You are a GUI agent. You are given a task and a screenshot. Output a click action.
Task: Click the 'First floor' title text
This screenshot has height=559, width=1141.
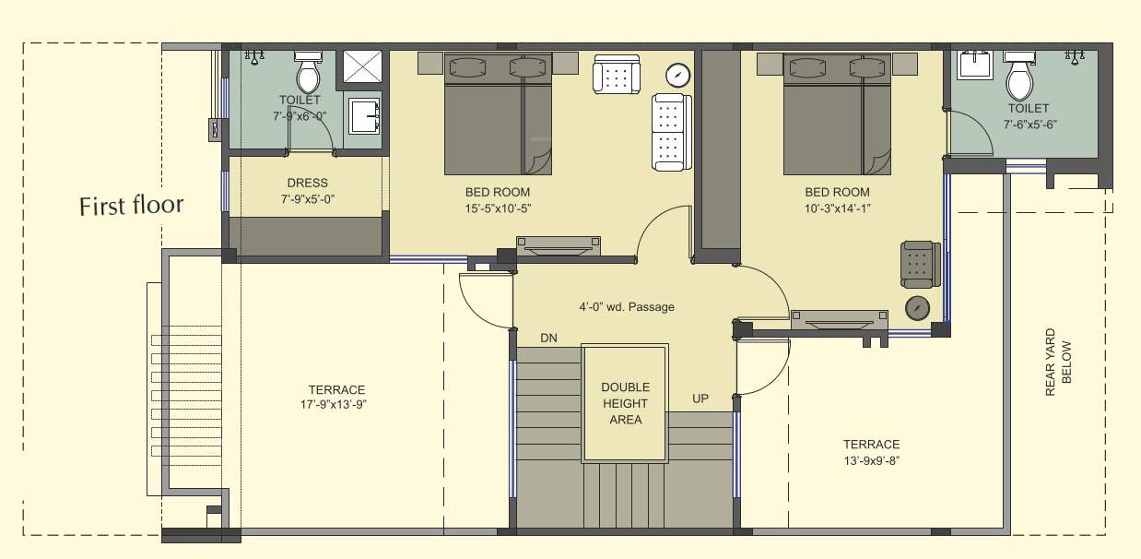point(131,205)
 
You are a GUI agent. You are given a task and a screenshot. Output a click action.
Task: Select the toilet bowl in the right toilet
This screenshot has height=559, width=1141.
point(1019,78)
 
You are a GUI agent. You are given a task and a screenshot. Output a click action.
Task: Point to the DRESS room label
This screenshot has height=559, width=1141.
point(307,183)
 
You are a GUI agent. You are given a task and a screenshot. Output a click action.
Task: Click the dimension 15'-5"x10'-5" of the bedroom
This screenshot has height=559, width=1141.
point(498,208)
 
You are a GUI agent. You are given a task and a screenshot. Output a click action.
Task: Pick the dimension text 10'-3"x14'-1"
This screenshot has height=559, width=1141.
point(837,208)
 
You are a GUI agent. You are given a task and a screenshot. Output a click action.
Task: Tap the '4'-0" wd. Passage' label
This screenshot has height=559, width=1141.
point(626,306)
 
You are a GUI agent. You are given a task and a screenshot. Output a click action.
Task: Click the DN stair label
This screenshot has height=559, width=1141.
point(548,338)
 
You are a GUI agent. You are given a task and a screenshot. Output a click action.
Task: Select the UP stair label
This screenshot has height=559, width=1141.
point(700,398)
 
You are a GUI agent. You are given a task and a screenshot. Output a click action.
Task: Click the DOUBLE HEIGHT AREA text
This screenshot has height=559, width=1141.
point(625,403)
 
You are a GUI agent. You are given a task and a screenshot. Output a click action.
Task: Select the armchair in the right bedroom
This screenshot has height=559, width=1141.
point(921,265)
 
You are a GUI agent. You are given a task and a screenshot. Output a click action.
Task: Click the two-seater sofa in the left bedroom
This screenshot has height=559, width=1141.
point(671,132)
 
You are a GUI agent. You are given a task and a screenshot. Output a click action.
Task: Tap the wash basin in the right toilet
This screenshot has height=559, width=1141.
point(974,64)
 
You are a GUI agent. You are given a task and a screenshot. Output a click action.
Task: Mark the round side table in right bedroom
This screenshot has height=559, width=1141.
point(917,308)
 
